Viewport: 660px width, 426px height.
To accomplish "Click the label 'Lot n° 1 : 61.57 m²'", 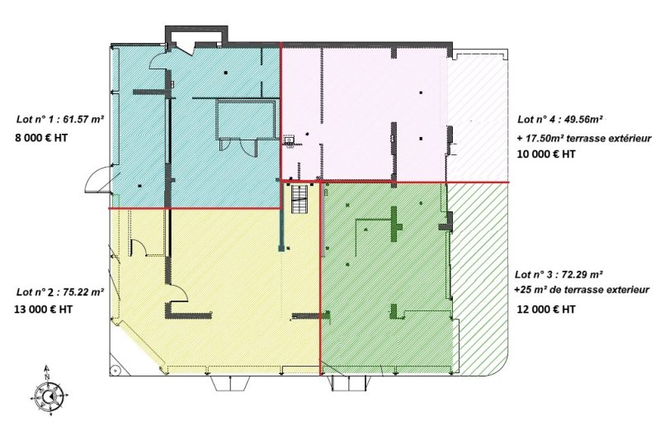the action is tap(60, 119).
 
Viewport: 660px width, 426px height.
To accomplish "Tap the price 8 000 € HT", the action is tap(41, 138).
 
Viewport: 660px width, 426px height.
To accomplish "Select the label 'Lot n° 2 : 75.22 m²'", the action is tap(60, 291).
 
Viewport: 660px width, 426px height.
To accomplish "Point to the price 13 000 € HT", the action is tap(44, 310).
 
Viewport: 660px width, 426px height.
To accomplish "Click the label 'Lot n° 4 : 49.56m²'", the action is tap(560, 119).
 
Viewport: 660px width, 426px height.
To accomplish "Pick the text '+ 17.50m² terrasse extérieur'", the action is tap(584, 138).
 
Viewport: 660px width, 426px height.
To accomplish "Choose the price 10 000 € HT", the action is tap(546, 154).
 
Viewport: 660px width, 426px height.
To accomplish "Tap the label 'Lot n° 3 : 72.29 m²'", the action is tap(559, 275).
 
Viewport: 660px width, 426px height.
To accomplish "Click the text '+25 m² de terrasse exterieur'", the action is tap(582, 290).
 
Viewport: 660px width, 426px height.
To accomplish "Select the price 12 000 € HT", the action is tap(546, 310).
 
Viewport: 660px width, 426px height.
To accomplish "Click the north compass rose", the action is tap(49, 395).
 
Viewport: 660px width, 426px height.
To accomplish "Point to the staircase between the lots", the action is tap(300, 199).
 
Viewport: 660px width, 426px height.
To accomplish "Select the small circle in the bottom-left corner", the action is tap(115, 371).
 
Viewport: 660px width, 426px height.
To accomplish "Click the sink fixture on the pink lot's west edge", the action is tap(290, 140).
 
